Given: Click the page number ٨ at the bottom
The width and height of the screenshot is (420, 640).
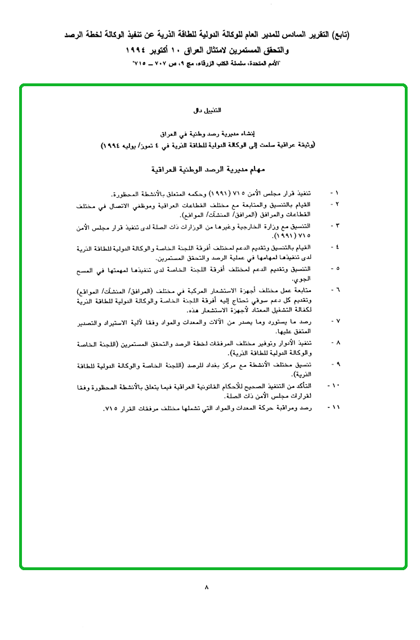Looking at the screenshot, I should pyautogui.click(x=207, y=587).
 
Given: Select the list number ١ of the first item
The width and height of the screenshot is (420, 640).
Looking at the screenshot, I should pyautogui.click(x=337, y=193).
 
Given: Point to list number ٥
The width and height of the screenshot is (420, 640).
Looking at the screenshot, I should pyautogui.click(x=337, y=268).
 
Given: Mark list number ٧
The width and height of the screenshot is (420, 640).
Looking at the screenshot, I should pyautogui.click(x=337, y=321).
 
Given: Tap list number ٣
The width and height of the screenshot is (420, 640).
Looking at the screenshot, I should pyautogui.click(x=337, y=225).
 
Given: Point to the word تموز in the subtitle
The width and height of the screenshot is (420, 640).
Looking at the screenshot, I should pyautogui.click(x=146, y=145).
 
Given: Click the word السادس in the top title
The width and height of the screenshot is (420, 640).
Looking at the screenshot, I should pyautogui.click(x=298, y=35).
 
